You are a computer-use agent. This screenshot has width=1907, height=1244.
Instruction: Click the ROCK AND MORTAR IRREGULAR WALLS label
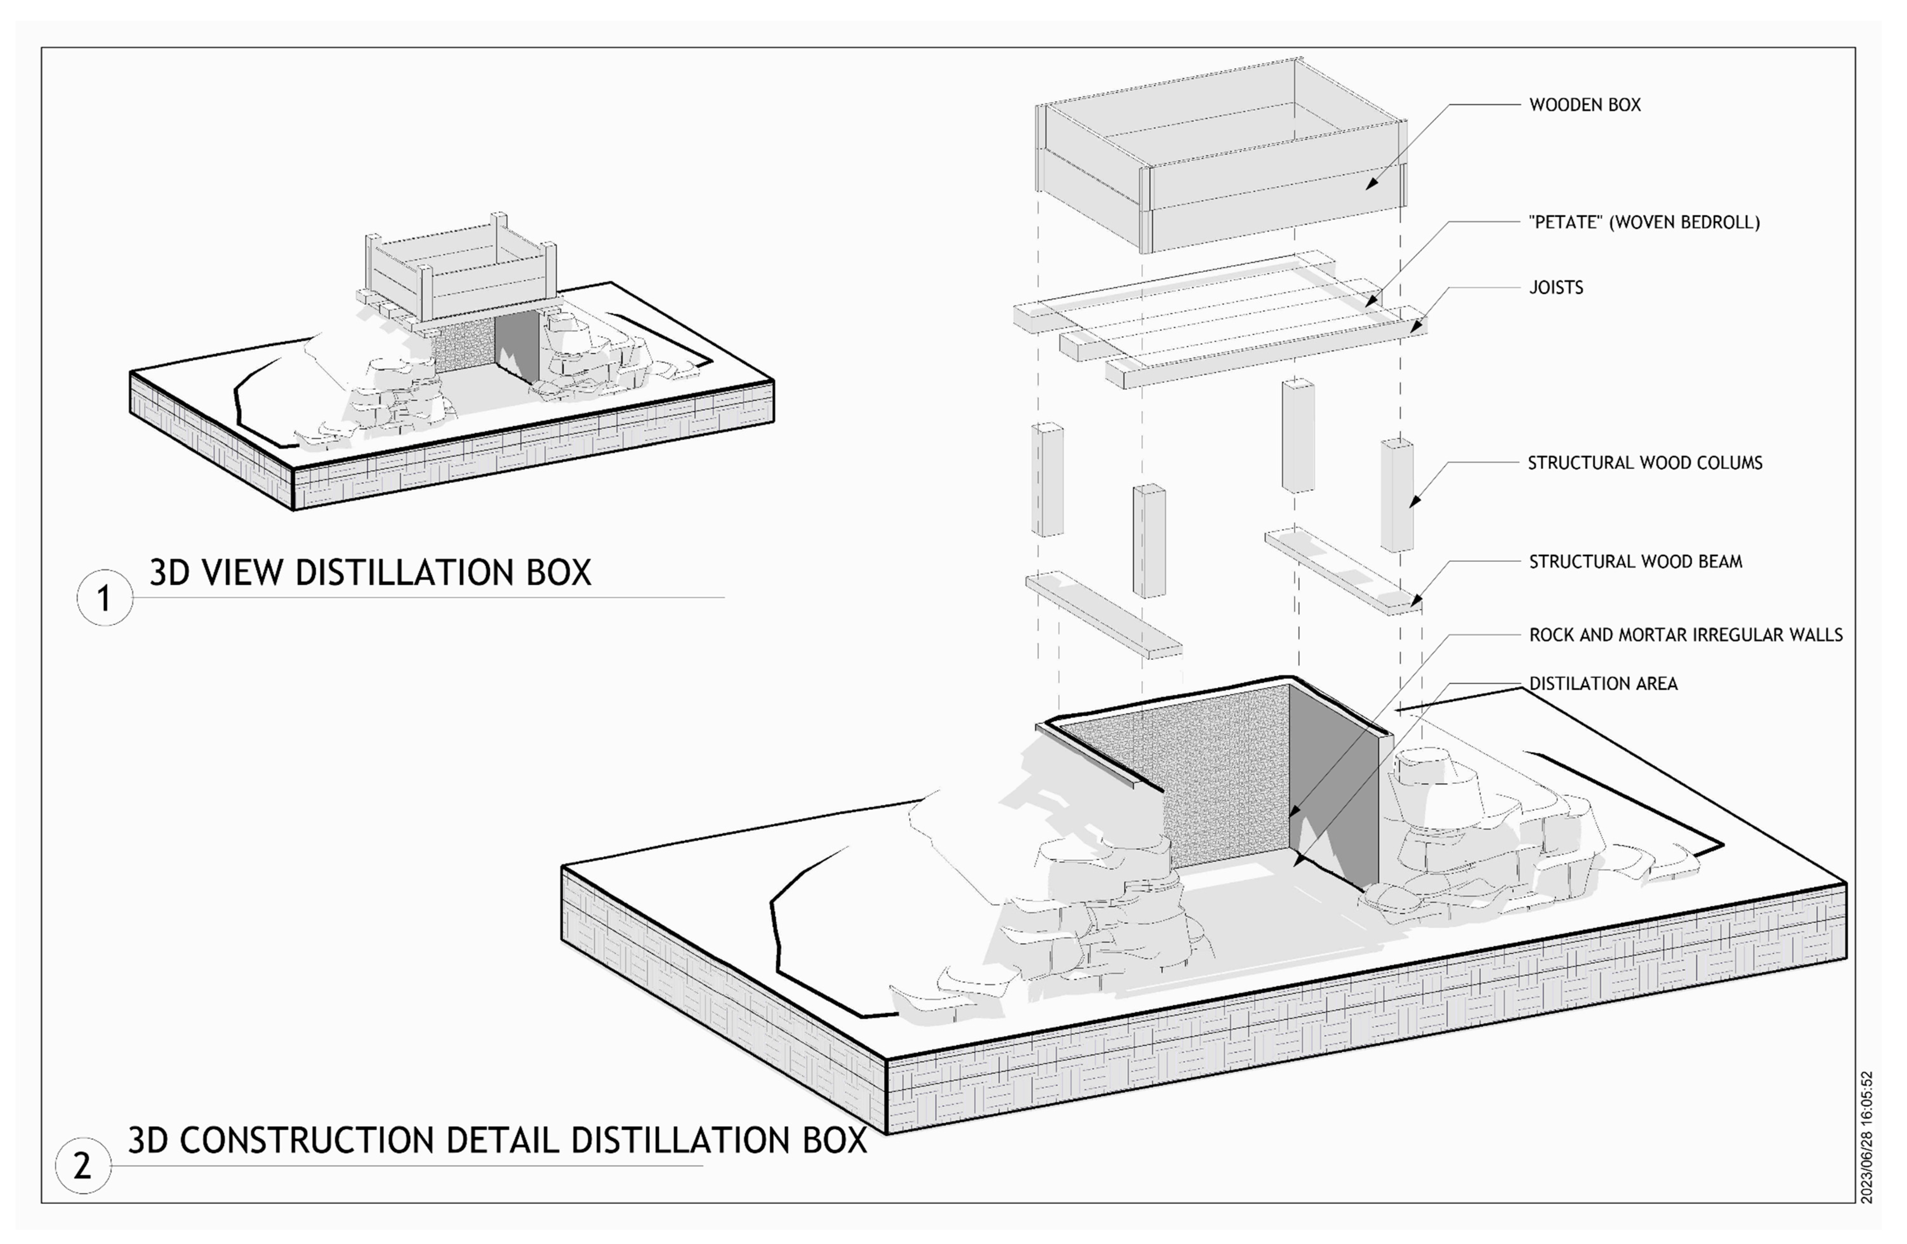(x=1686, y=635)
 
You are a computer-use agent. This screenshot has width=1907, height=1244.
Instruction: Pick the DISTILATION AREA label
(x=1603, y=684)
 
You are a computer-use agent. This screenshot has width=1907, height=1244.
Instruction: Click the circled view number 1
(x=104, y=598)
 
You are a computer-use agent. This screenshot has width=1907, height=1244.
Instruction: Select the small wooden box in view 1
(x=461, y=273)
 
